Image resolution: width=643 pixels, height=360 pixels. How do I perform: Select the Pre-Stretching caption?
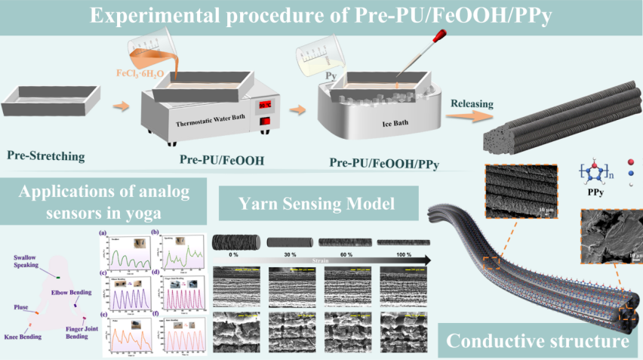coord(45,157)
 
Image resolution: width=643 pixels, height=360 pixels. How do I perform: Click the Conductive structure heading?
coord(537,341)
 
